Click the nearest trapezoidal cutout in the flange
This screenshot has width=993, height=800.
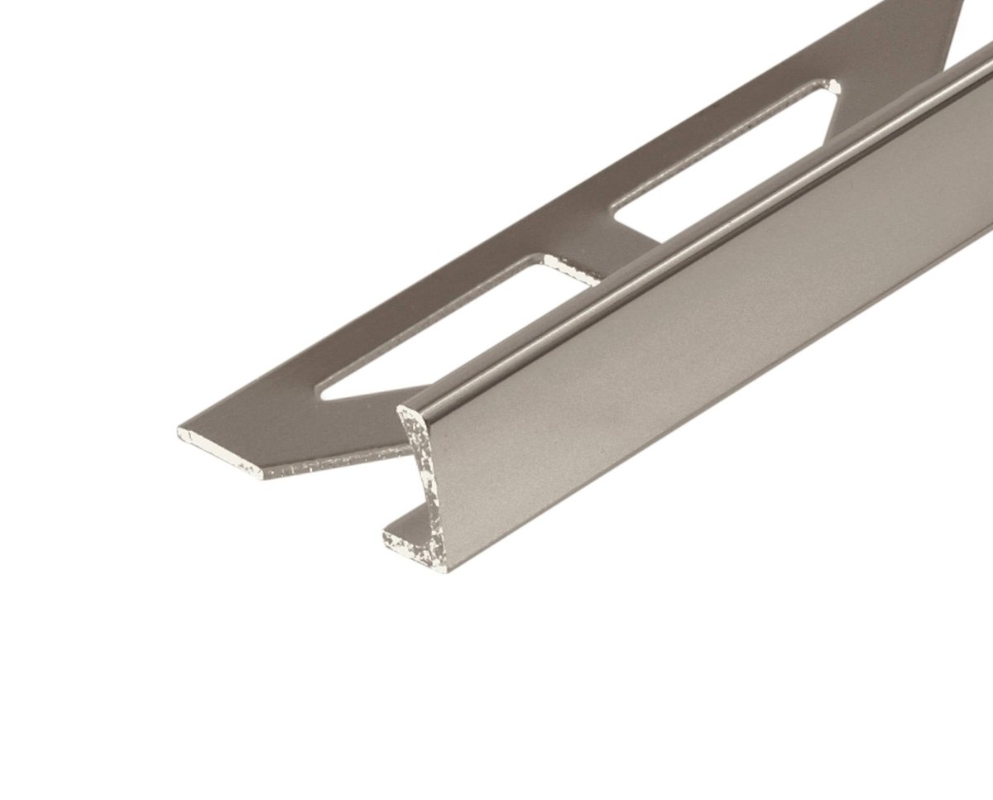click(x=447, y=331)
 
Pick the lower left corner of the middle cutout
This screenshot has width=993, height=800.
click(x=619, y=217)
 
